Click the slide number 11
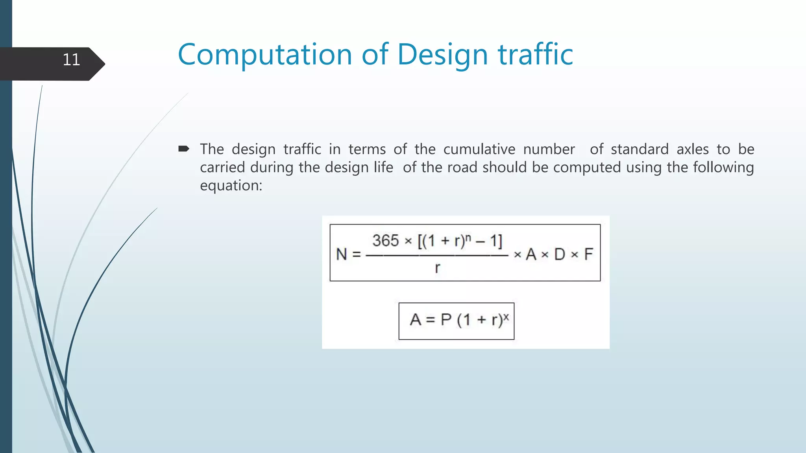[x=71, y=60]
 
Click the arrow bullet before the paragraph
[x=184, y=149]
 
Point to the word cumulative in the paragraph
[x=479, y=149]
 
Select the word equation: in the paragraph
[x=231, y=186]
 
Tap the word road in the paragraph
[x=462, y=168]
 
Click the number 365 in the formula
[x=386, y=241]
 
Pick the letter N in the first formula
[x=342, y=254]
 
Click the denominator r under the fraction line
[x=437, y=268]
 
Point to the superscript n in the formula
[x=468, y=237]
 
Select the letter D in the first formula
[x=560, y=254]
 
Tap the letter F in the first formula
[x=588, y=254]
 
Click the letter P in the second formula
[x=446, y=320]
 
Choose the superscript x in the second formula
[x=506, y=316]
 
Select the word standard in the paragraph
[x=640, y=149]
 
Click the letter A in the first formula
[x=531, y=254]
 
